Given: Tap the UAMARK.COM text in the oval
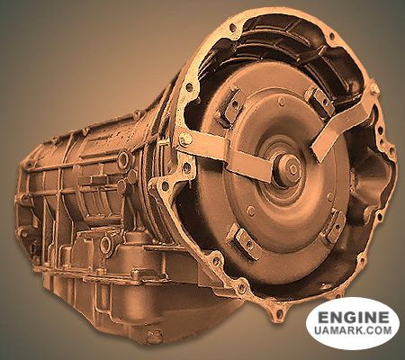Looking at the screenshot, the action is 353,330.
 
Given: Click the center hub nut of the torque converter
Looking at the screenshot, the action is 290,167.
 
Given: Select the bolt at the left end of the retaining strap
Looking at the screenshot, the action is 185,139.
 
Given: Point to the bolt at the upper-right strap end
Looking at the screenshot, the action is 373,88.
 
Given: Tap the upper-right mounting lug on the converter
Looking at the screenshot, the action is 320,101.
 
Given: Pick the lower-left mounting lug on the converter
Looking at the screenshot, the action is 245,241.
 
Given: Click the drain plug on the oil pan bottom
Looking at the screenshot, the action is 155,337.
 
